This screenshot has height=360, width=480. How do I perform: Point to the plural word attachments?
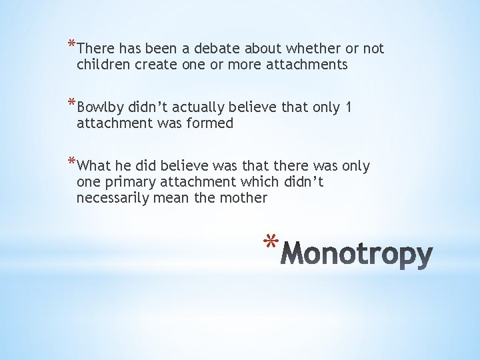click(307, 65)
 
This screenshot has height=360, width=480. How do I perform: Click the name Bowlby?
click(99, 107)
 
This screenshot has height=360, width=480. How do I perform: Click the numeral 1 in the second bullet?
click(349, 107)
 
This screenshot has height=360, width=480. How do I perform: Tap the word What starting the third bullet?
click(94, 165)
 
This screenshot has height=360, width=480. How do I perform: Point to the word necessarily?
click(115, 198)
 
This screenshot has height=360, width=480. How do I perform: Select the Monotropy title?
click(357, 254)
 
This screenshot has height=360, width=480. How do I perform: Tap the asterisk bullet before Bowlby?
click(72, 105)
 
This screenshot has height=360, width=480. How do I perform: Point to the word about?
click(263, 49)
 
